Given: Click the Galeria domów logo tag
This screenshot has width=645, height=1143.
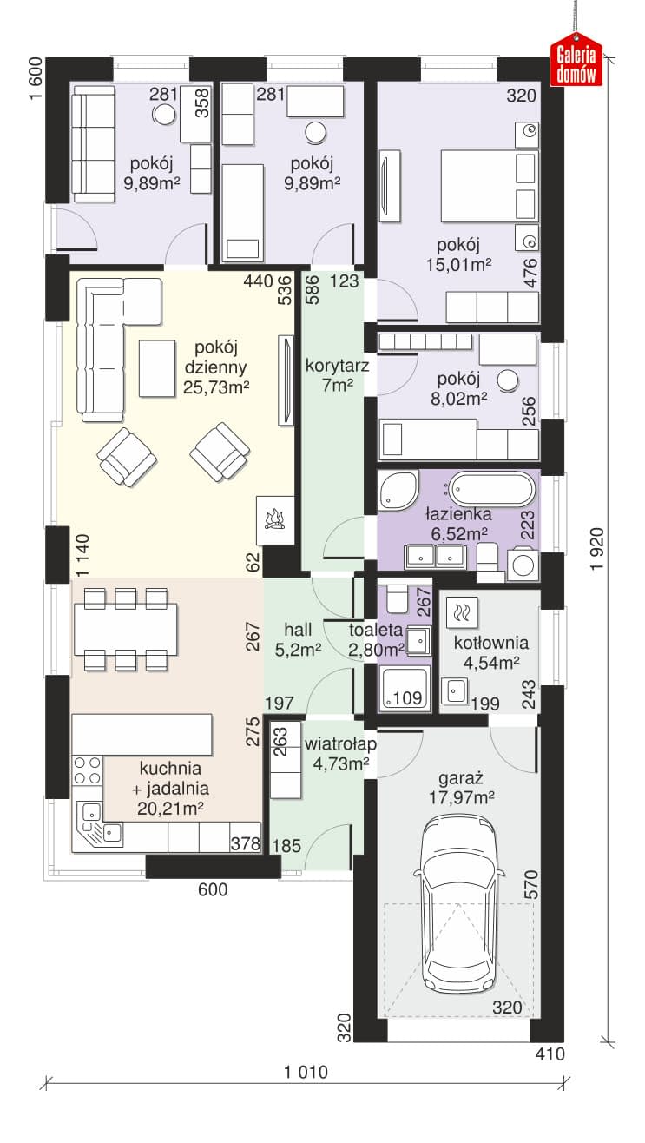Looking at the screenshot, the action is pyautogui.click(x=576, y=60).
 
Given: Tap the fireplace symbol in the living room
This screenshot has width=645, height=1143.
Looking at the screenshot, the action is pyautogui.click(x=275, y=520).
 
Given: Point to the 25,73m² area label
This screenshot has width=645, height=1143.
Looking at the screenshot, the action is pyautogui.click(x=215, y=387).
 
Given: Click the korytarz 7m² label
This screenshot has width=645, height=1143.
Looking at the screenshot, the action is pyautogui.click(x=337, y=374).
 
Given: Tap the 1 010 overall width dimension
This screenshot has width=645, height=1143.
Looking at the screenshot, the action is pyautogui.click(x=306, y=1072).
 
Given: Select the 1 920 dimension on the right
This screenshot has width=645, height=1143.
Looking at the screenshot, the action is pyautogui.click(x=596, y=549).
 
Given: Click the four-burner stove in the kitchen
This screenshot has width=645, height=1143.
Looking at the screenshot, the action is pyautogui.click(x=87, y=770).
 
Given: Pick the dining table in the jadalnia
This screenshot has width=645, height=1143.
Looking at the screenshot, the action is pyautogui.click(x=125, y=629).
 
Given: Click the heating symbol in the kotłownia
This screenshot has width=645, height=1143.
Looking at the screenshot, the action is pyautogui.click(x=462, y=611).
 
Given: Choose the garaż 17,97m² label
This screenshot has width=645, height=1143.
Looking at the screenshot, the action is pyautogui.click(x=461, y=788).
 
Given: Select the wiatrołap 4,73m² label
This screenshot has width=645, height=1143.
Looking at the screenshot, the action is pyautogui.click(x=340, y=754).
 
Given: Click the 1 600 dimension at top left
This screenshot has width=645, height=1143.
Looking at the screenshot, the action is pyautogui.click(x=35, y=79).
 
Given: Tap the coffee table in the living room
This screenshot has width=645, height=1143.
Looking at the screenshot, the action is pyautogui.click(x=157, y=368).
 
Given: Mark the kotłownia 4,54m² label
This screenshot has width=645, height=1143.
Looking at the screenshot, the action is pyautogui.click(x=491, y=652).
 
